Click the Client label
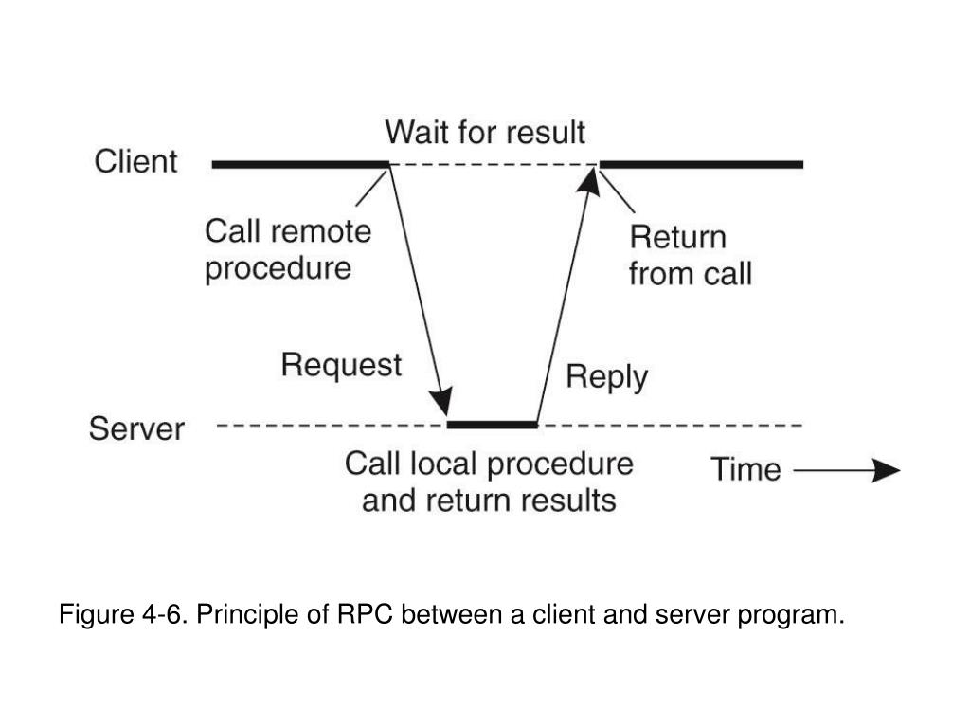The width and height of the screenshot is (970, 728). [x=136, y=161]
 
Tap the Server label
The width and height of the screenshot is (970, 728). [x=136, y=428]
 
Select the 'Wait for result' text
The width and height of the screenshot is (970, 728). [x=485, y=132]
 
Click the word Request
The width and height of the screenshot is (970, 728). [x=341, y=365]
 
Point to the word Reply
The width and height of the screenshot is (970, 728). [x=607, y=377]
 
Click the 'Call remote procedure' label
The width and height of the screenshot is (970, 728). [x=288, y=250]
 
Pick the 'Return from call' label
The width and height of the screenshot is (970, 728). [x=691, y=256]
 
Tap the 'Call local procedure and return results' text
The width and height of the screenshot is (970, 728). [x=490, y=482]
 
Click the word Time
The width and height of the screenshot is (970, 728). [x=746, y=469]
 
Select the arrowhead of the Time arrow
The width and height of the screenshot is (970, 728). [x=887, y=470]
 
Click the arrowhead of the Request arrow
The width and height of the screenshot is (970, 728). [x=443, y=401]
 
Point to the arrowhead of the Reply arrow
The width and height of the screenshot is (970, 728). [x=589, y=181]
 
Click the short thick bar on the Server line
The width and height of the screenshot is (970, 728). [x=493, y=425]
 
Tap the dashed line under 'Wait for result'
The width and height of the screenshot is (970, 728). [x=494, y=165]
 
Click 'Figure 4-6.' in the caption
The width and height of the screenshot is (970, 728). [x=123, y=614]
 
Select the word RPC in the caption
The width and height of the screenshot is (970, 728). [x=365, y=614]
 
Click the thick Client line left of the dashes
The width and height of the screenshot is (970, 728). [x=300, y=165]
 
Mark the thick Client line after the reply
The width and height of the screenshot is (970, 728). [x=702, y=165]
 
